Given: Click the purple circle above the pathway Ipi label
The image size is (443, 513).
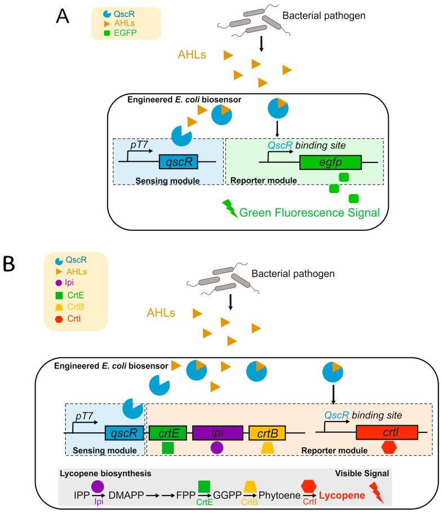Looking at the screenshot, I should coord(97,485).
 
